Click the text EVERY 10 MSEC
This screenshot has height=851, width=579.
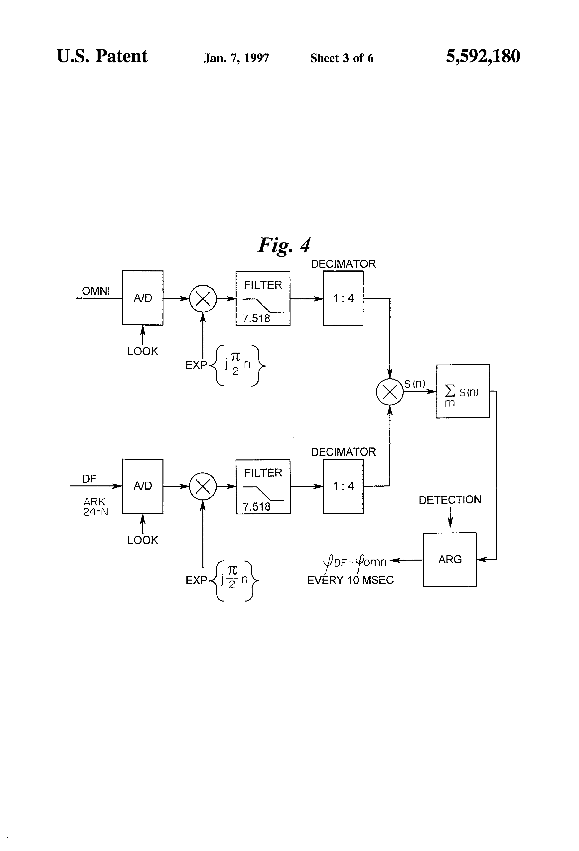(x=350, y=580)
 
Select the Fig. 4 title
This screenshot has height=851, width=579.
(x=284, y=245)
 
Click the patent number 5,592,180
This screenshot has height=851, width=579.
(x=483, y=56)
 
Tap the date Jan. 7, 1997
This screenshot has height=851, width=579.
(x=236, y=58)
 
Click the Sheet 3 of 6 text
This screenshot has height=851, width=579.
(x=342, y=58)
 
